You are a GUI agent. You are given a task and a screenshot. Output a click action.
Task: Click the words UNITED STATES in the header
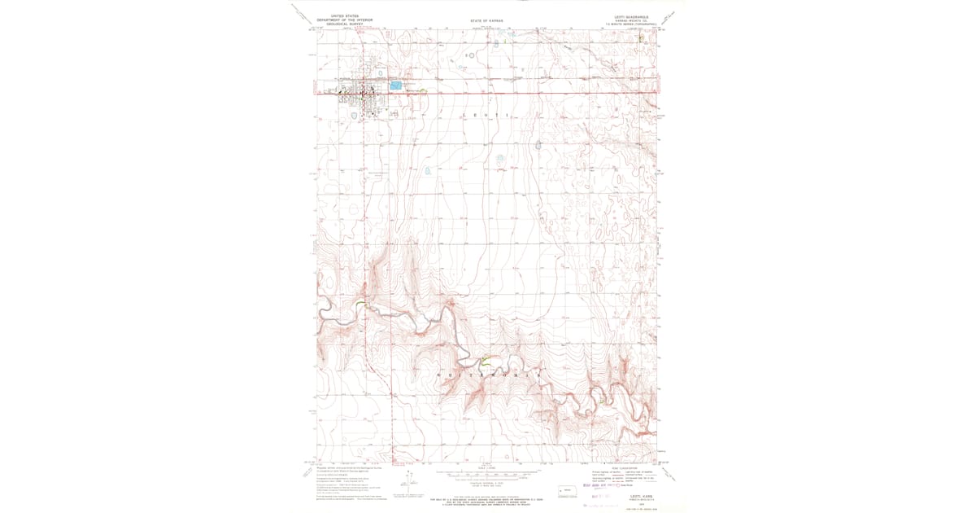click(339, 15)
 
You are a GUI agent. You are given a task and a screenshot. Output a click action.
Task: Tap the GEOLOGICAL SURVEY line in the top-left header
click(339, 24)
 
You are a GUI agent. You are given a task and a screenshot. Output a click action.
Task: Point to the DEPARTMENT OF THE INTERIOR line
click(339, 20)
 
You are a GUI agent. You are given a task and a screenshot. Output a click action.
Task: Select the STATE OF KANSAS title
click(487, 20)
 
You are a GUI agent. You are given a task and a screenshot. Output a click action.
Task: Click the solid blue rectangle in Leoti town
click(396, 85)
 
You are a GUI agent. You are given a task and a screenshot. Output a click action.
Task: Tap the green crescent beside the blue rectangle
click(422, 90)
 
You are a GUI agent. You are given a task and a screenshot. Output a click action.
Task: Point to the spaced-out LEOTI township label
click(487, 116)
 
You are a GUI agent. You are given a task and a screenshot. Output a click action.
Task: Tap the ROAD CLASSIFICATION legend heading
click(622, 467)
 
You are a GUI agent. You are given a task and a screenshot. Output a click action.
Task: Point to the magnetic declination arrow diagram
click(407, 480)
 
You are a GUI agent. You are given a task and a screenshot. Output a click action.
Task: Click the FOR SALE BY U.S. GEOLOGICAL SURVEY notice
click(486, 499)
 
